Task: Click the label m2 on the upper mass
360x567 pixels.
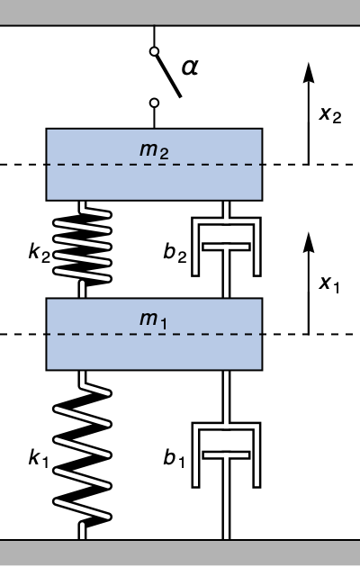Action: point(154,150)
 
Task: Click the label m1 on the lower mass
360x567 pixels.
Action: point(154,320)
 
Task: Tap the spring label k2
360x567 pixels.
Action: point(39,252)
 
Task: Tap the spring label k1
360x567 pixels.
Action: point(39,458)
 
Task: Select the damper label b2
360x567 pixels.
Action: point(175,252)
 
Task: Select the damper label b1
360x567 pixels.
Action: point(175,458)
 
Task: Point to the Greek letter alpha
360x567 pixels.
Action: point(190,67)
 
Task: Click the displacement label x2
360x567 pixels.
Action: point(330,114)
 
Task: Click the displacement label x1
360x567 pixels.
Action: point(329,283)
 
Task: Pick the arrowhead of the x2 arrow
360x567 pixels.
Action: point(309,72)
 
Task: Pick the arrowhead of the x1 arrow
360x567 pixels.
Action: point(309,242)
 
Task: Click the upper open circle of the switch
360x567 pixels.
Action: point(154,51)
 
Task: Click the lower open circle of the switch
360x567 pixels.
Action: point(154,103)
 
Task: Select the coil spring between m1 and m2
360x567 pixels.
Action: point(83,249)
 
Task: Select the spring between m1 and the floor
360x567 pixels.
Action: point(83,454)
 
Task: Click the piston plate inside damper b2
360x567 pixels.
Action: point(226,247)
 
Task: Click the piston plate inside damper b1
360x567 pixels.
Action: point(226,454)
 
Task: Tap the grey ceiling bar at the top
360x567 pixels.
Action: point(180,13)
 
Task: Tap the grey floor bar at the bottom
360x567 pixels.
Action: point(180,553)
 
